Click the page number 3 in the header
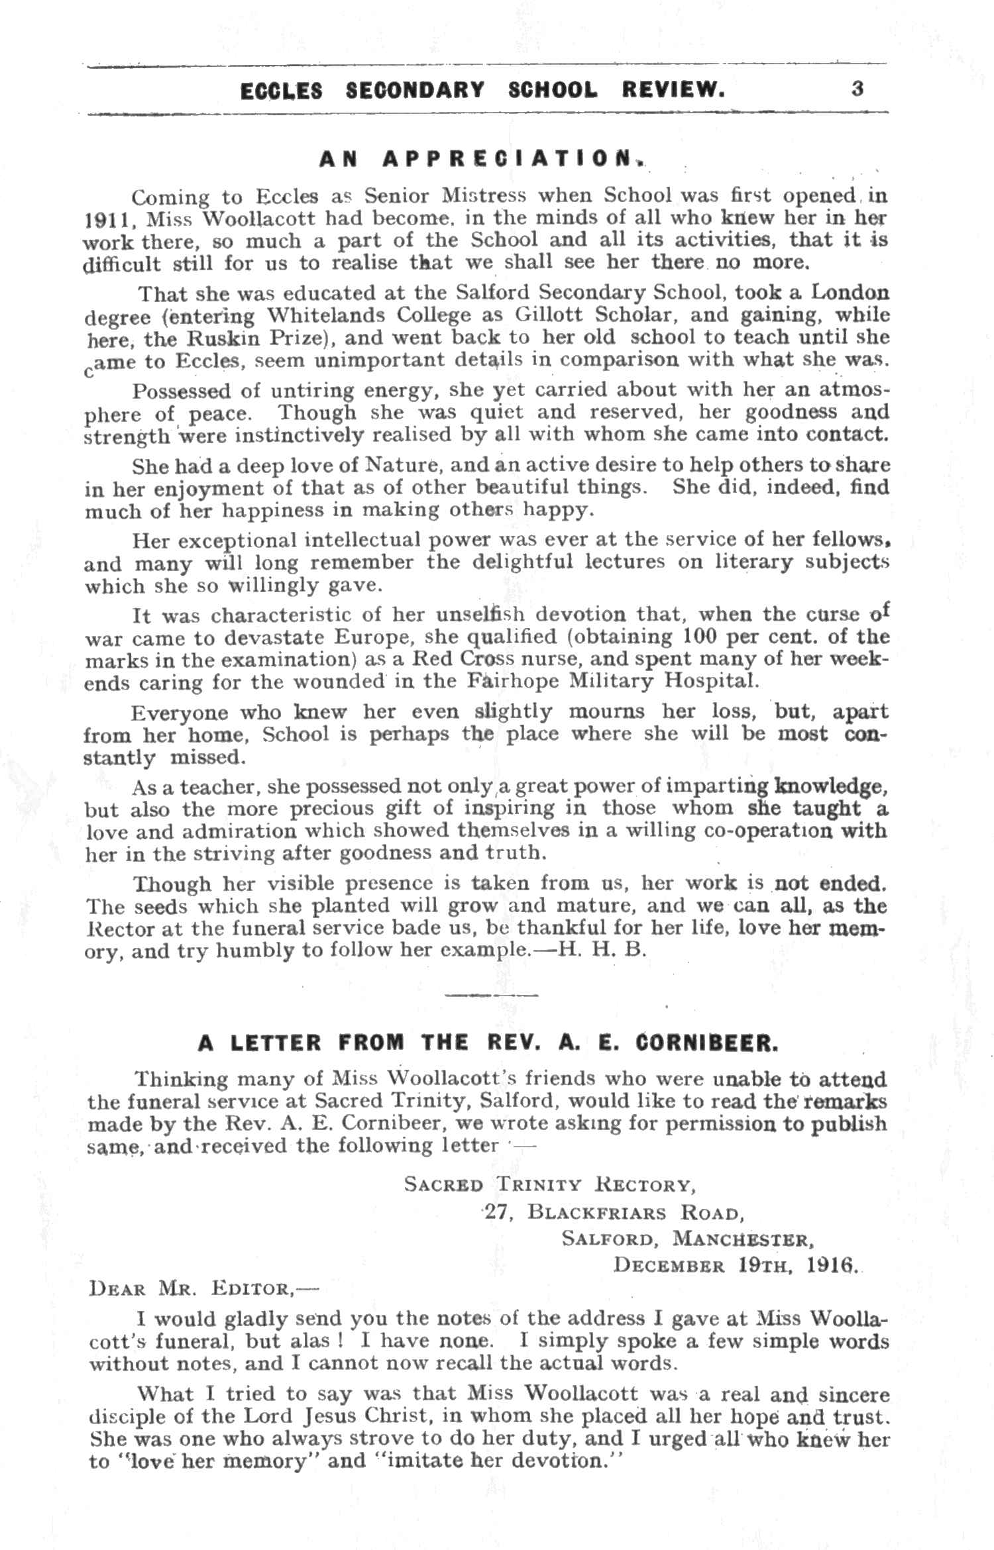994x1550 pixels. (857, 89)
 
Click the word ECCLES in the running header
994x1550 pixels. (281, 90)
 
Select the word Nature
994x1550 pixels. (398, 466)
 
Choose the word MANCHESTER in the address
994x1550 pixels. (742, 1239)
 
